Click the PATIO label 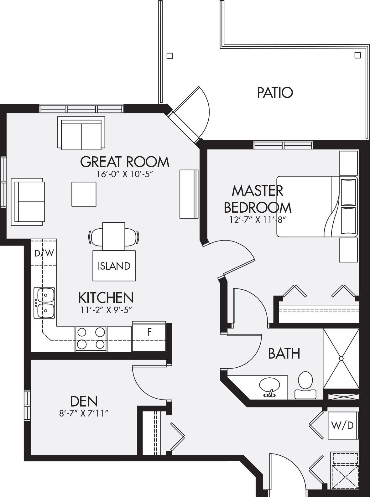[275, 93]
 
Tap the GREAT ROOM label [125, 162]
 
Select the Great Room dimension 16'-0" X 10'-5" [125, 174]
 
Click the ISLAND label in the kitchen [114, 266]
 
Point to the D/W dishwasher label [44, 253]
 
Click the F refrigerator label [149, 332]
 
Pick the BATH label [284, 353]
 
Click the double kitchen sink [44, 303]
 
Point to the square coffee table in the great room [84, 194]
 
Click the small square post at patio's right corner [358, 55]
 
